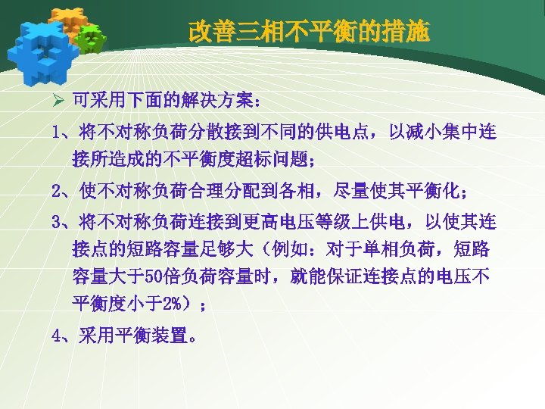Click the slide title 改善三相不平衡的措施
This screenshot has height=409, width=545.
coord(309,32)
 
